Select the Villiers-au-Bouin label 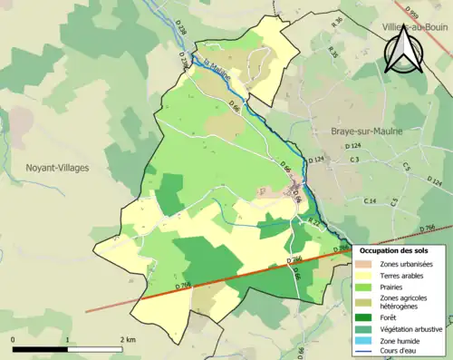[x=416, y=28]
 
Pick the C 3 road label [x=355, y=160]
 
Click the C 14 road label [x=370, y=200]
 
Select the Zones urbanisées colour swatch [x=368, y=263]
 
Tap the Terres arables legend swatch [x=368, y=276]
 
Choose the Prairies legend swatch [x=368, y=288]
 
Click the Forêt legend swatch [x=368, y=317]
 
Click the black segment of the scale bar [x=40, y=348]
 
